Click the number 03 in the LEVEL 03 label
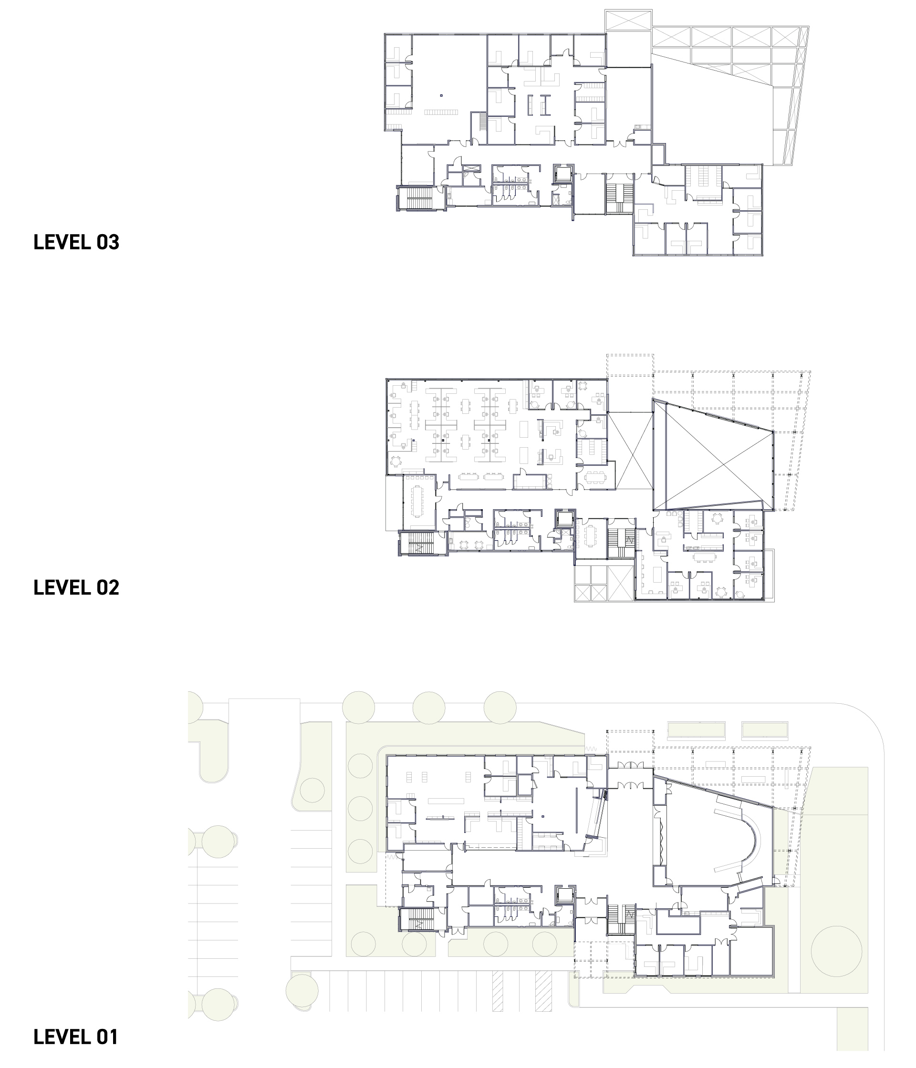pyautogui.click(x=108, y=242)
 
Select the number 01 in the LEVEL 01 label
pyautogui.click(x=107, y=1037)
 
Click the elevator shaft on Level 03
pyautogui.click(x=564, y=174)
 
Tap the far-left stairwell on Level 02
pyautogui.click(x=421, y=543)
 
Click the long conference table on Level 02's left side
pyautogui.click(x=416, y=501)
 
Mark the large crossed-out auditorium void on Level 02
pyautogui.click(x=713, y=455)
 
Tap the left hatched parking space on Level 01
pyautogui.click(x=497, y=991)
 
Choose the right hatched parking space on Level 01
pyautogui.click(x=543, y=991)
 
